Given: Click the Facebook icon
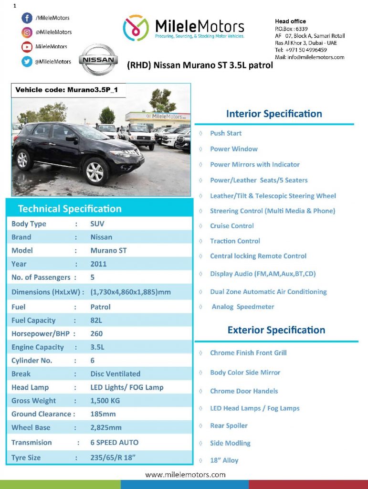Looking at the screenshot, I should pyautogui.click(x=27, y=18).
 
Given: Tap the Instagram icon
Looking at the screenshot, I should pyautogui.click(x=27, y=32).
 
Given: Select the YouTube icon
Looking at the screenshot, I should pyautogui.click(x=27, y=47).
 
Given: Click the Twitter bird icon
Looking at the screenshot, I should pyautogui.click(x=27, y=61).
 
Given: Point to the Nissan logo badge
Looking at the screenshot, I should pyautogui.click(x=98, y=60).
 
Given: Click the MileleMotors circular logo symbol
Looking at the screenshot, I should pyautogui.click(x=136, y=28).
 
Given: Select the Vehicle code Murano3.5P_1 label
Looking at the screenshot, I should pyautogui.click(x=66, y=90).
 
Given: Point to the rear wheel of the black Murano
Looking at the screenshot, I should pyautogui.click(x=22, y=159).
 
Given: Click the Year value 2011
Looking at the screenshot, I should pyautogui.click(x=98, y=264).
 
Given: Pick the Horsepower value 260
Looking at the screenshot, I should pyautogui.click(x=96, y=334).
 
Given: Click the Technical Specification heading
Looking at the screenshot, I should pyautogui.click(x=70, y=209).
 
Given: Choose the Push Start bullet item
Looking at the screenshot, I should pyautogui.click(x=226, y=133).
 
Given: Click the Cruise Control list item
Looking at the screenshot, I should pyautogui.click(x=232, y=226).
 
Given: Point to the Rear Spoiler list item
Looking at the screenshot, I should pyautogui.click(x=229, y=426).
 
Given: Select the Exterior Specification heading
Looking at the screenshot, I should pyautogui.click(x=276, y=330).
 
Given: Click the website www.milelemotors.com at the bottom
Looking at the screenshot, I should pyautogui.click(x=185, y=475).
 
